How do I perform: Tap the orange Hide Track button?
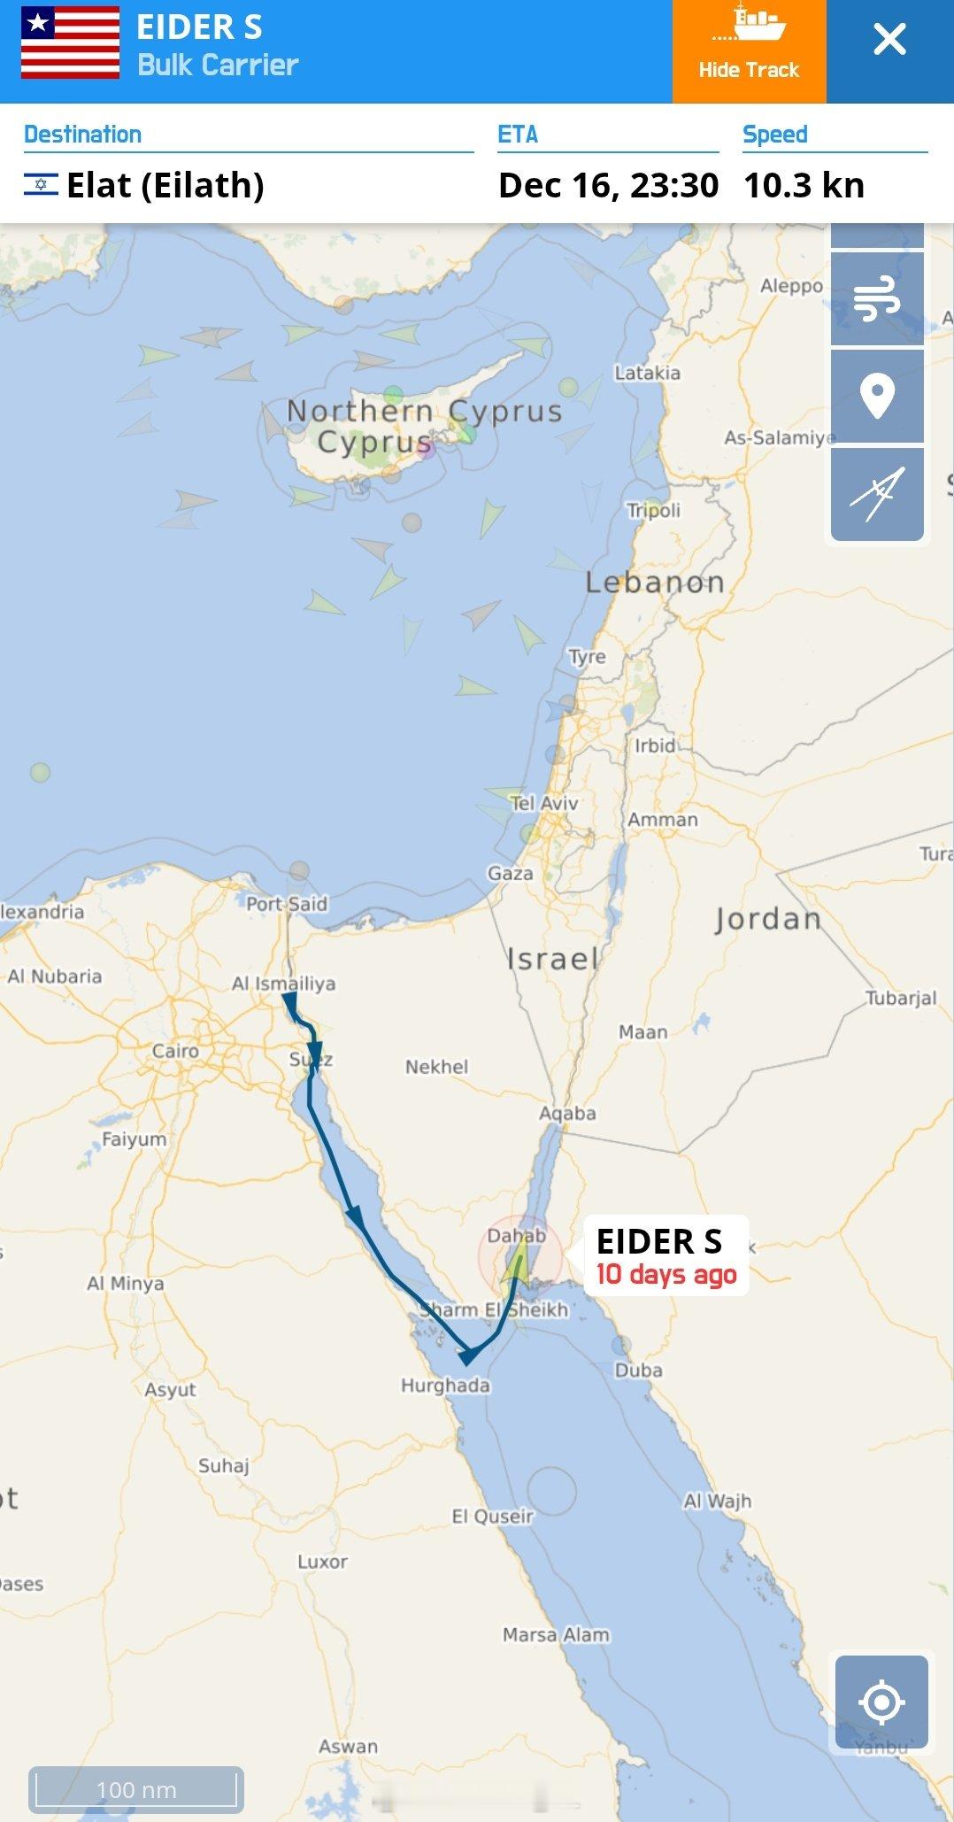749,51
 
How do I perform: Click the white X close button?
889,41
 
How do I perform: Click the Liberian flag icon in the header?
70,42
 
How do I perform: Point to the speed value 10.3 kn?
804,185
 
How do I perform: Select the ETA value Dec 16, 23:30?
608,185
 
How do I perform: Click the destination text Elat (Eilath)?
165,185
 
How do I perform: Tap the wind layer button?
876,298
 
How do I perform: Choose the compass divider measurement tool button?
876,493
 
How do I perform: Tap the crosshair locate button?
881,1702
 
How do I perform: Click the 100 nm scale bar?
136,1789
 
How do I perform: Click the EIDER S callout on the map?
665,1255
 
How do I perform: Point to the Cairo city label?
175,1051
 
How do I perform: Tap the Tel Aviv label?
544,803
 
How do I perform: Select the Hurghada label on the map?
445,1386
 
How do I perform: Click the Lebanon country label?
655,582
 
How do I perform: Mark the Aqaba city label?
567,1113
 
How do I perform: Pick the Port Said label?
287,904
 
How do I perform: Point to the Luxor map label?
322,1562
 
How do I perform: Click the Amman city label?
663,820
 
